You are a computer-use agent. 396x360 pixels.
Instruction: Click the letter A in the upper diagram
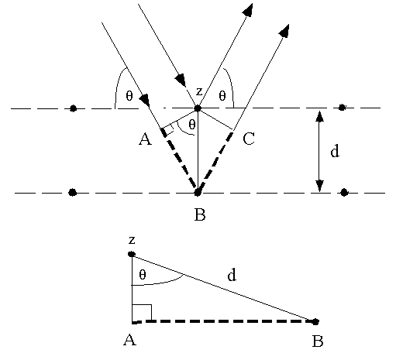[146, 139]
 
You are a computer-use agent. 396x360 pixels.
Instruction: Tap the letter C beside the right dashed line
[249, 139]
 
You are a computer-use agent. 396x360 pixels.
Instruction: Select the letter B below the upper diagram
[200, 214]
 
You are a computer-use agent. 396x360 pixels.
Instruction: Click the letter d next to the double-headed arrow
[335, 151]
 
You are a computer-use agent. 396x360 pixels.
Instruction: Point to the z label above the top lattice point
[199, 91]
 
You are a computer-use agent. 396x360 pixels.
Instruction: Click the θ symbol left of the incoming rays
[129, 96]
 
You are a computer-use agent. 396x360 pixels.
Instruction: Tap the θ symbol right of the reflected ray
[222, 96]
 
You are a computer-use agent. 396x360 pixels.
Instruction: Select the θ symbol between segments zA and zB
[192, 125]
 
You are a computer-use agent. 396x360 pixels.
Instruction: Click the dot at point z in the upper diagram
[198, 108]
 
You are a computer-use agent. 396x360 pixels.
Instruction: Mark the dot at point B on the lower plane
[198, 193]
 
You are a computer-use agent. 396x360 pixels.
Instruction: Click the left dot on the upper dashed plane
[74, 108]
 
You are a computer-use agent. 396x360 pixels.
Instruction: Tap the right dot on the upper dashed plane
[342, 108]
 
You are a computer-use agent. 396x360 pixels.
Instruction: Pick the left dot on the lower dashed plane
[73, 193]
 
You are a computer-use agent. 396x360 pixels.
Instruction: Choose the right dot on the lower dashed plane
[344, 193]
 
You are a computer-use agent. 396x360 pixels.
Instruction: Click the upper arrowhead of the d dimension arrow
[320, 116]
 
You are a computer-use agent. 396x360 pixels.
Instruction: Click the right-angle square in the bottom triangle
[142, 313]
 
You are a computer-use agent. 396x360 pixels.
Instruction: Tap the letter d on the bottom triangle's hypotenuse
[232, 275]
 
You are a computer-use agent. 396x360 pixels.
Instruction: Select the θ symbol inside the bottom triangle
[143, 275]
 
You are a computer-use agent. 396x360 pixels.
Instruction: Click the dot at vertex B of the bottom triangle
[315, 321]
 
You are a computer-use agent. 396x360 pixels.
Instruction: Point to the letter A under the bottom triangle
[129, 340]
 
